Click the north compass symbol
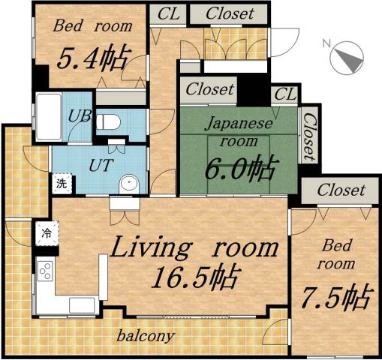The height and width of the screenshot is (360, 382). (x=346, y=58)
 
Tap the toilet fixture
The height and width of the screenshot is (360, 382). (x=109, y=121)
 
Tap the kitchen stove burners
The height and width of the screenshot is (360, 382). (x=44, y=270)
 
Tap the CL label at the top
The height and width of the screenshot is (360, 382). (x=168, y=13)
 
